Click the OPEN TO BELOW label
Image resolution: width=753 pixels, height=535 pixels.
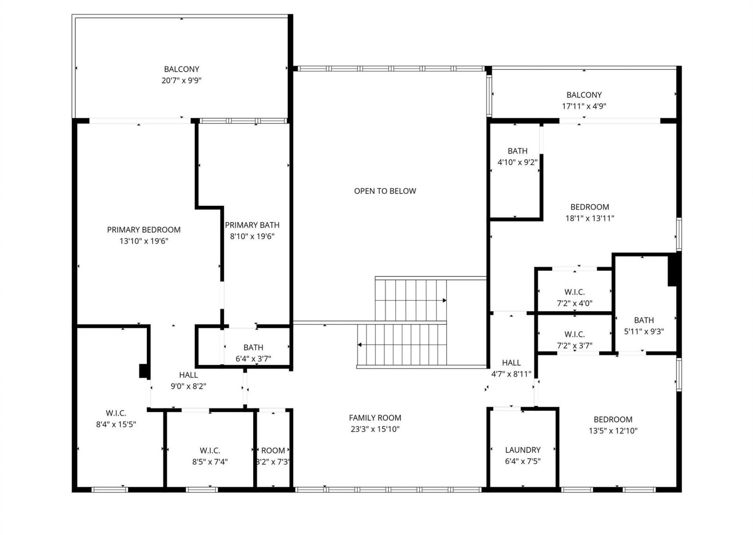click(385, 191)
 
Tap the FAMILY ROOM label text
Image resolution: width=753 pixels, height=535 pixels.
click(375, 418)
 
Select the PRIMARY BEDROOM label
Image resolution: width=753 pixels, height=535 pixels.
click(144, 230)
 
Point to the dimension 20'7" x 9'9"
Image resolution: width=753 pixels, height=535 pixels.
click(181, 80)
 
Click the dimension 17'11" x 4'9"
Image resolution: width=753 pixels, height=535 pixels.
click(584, 106)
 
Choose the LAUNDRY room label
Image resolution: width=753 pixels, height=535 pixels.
click(522, 450)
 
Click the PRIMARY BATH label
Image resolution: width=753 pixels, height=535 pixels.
click(252, 225)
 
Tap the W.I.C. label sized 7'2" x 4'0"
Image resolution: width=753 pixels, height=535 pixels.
click(574, 292)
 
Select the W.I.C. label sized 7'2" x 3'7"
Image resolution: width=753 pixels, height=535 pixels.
click(574, 334)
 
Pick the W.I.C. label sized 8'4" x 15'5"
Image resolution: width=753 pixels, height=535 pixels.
click(116, 413)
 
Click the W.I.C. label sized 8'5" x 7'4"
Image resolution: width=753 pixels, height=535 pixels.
click(210, 451)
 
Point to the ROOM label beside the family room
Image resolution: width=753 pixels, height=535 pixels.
click(273, 451)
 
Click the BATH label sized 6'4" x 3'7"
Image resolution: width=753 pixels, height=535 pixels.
click(253, 347)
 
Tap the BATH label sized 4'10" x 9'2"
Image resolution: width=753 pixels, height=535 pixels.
click(517, 151)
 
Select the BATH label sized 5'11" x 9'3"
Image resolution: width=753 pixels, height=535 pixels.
click(644, 320)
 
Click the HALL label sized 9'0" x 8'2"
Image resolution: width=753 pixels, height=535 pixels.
click(188, 375)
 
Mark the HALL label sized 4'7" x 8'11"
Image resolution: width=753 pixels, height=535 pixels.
click(511, 363)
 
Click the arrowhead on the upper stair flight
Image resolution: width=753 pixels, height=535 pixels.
click(444, 301)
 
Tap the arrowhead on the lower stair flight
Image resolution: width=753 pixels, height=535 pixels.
click(360, 345)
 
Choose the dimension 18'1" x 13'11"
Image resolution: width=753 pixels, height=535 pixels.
click(589, 218)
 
